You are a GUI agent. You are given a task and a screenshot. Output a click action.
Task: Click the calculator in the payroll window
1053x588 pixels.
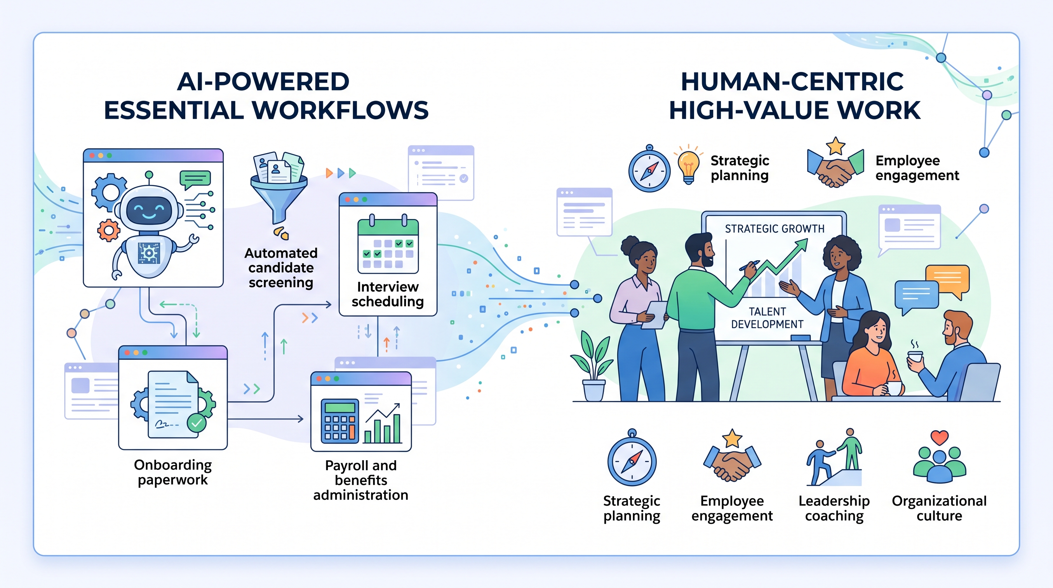coord(340,421)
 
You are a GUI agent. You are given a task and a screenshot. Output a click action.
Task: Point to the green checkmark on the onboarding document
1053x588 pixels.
coord(197,423)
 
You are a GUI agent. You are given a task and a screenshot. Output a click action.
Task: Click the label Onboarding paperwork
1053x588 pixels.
coord(173,472)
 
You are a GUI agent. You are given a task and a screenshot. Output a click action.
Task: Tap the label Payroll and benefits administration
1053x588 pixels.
coord(360,480)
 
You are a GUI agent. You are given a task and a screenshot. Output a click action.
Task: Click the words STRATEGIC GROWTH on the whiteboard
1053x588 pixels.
coord(774,229)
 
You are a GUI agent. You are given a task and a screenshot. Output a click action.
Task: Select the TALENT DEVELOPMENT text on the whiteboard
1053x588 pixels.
coord(767,318)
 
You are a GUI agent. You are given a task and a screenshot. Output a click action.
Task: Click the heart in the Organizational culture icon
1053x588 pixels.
coord(939,437)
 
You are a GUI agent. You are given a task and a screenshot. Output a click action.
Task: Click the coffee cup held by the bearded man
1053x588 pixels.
coord(915,356)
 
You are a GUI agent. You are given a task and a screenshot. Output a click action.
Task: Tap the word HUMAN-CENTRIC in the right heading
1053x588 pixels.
coord(792,82)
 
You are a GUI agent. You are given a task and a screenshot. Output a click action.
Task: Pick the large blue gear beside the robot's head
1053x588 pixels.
coord(108,192)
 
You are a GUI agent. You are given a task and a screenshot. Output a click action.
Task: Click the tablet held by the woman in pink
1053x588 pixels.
coord(654,315)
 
